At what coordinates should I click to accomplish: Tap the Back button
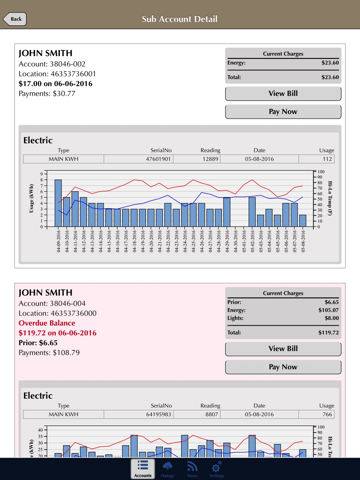click(15, 19)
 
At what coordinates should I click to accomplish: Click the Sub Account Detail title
click(180, 19)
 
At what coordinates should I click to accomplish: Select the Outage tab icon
click(167, 467)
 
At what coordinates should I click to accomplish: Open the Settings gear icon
click(217, 467)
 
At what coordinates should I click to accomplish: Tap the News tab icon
click(192, 467)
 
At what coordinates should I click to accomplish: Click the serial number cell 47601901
click(158, 159)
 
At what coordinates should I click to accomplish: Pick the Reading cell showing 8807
click(211, 415)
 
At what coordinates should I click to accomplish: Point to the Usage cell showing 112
click(327, 159)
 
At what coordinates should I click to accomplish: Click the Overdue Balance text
click(47, 323)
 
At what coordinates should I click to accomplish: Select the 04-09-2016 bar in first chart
click(58, 203)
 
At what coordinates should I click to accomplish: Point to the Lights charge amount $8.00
click(331, 318)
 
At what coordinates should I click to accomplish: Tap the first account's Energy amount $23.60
click(330, 63)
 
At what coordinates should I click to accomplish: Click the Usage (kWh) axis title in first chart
click(31, 199)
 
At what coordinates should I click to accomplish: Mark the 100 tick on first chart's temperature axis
click(321, 172)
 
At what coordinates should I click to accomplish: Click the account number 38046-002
click(67, 64)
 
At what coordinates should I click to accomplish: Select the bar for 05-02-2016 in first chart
click(252, 212)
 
